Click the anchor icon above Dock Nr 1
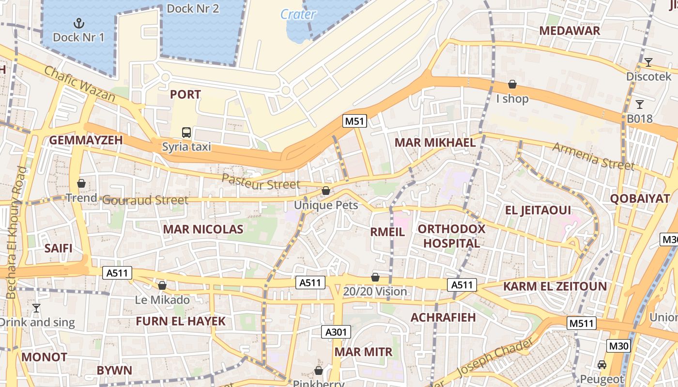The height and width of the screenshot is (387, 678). [x=78, y=23]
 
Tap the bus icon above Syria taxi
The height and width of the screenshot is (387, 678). [x=186, y=132]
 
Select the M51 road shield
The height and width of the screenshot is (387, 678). [x=354, y=121]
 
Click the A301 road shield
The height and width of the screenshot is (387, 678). [x=336, y=332]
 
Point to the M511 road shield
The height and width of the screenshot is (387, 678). [x=582, y=323]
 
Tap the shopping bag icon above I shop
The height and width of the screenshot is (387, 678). [x=512, y=85]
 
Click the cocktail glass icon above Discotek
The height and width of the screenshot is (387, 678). [x=648, y=62]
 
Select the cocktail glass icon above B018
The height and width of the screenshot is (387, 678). [x=640, y=104]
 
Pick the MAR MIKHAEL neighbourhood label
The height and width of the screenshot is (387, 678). [x=435, y=143]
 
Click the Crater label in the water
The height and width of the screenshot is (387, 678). [x=298, y=15]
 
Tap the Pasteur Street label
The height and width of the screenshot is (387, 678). [x=261, y=182]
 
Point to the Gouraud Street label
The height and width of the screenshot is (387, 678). [x=146, y=200]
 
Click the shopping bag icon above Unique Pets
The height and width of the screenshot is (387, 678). [x=326, y=191]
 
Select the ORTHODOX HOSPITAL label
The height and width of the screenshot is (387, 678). [x=451, y=236]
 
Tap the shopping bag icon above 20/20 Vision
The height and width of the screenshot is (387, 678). [x=375, y=277]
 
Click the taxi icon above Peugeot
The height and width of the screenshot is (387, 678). [x=601, y=365]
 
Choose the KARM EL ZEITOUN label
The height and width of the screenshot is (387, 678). [x=555, y=286]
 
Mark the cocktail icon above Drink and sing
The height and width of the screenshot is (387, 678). [x=36, y=308]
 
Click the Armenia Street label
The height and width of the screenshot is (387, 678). [x=593, y=156]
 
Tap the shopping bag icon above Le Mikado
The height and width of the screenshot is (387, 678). [x=162, y=285]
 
